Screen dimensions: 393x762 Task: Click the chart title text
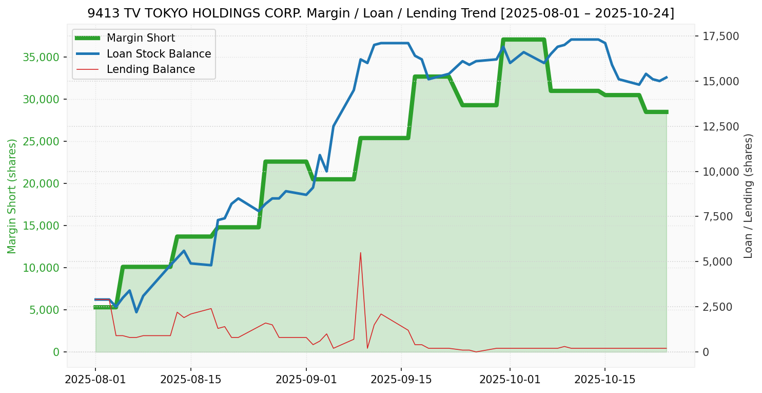point(381,13)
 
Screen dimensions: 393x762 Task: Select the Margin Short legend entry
point(141,38)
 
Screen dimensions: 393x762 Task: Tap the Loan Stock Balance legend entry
point(159,54)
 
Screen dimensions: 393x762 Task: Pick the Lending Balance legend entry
point(150,69)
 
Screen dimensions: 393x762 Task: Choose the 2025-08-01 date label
point(95,380)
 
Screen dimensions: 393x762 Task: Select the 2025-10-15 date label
point(604,380)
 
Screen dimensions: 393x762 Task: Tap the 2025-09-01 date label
point(306,380)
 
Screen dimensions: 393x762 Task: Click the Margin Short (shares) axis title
point(12,196)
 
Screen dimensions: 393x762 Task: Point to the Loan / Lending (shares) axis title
point(748,196)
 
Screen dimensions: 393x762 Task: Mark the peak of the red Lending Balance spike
point(360,253)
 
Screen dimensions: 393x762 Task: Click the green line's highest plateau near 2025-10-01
point(523,40)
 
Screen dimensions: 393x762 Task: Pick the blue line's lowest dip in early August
point(136,312)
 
